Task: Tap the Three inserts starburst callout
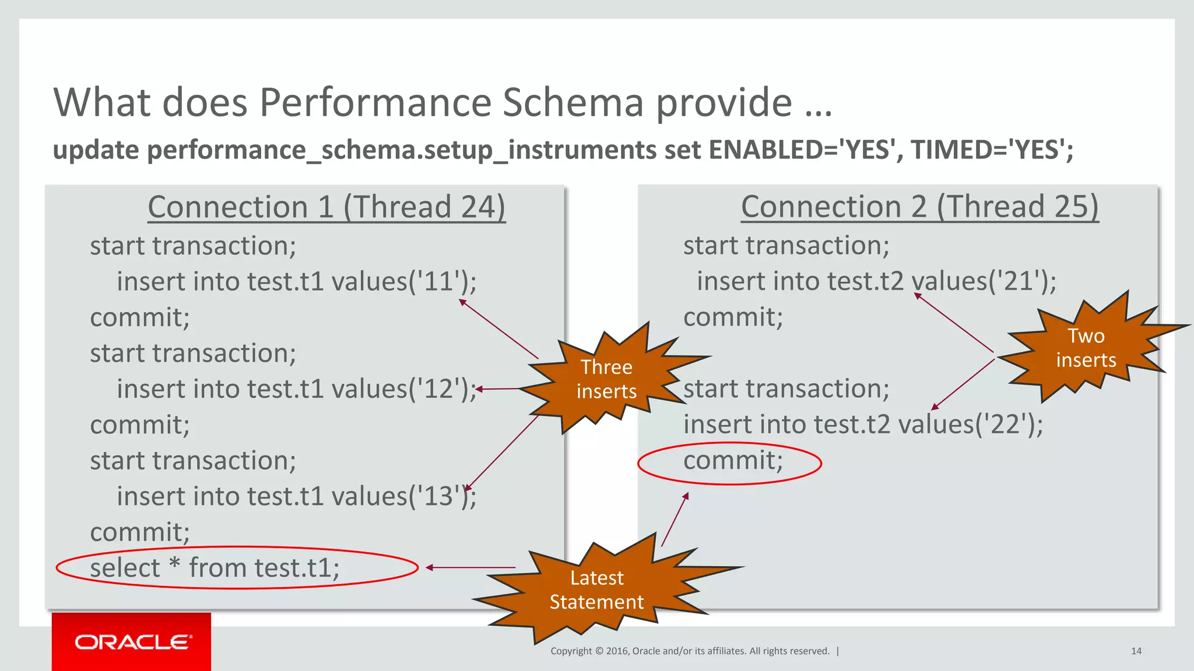click(606, 379)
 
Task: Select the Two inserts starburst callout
click(1086, 348)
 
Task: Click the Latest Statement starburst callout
click(596, 589)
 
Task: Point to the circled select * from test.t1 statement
click(215, 568)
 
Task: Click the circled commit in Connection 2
click(733, 461)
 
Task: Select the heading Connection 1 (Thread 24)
click(326, 207)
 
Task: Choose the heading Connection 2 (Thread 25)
click(919, 207)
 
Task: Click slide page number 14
click(1136, 651)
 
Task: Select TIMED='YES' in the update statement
click(991, 150)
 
